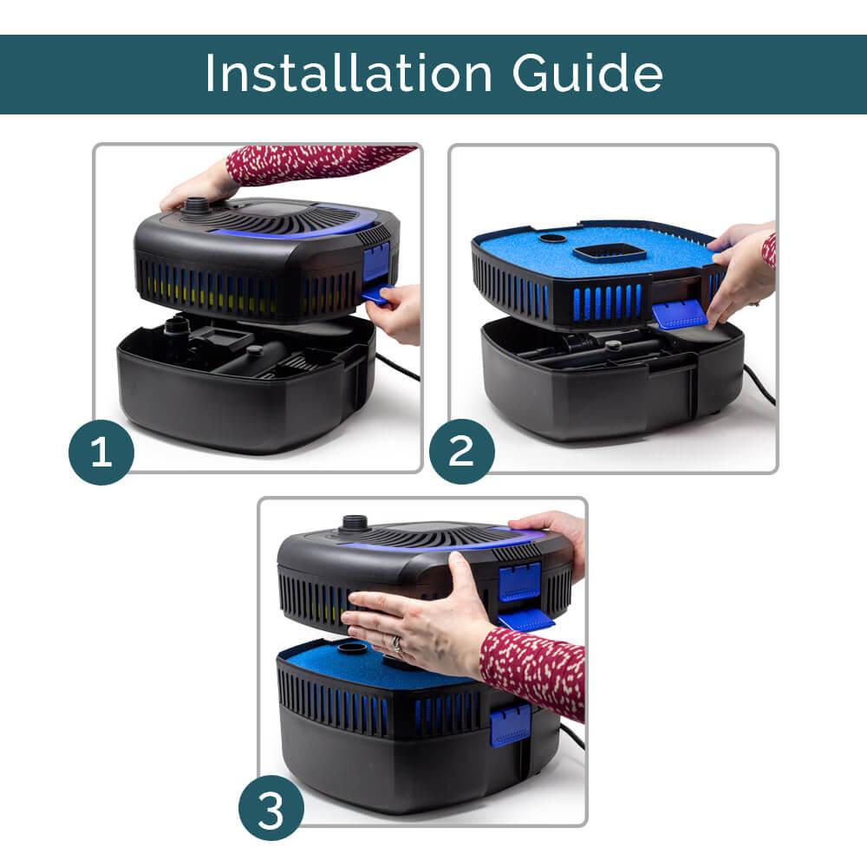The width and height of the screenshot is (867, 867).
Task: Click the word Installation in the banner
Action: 349,73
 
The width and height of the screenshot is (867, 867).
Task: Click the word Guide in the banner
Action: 587,73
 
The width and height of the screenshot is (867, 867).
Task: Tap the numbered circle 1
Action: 101,452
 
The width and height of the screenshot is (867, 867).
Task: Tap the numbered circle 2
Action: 462,451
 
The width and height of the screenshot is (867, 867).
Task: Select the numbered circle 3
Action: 271,808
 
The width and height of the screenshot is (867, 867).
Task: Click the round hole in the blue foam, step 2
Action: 553,239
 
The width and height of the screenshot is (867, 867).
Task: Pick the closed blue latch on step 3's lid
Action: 519,583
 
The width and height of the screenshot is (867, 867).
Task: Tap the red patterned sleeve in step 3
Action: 532,671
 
